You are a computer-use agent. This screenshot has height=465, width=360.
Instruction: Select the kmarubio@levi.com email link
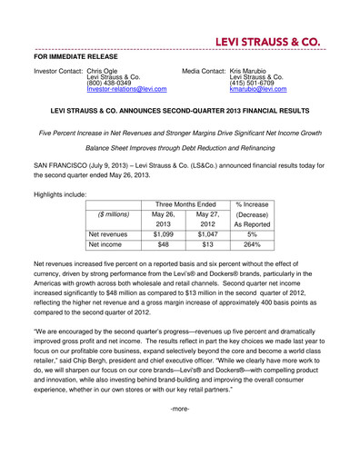tap(257, 90)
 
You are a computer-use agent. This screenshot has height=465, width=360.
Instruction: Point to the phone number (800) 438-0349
tap(108, 84)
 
